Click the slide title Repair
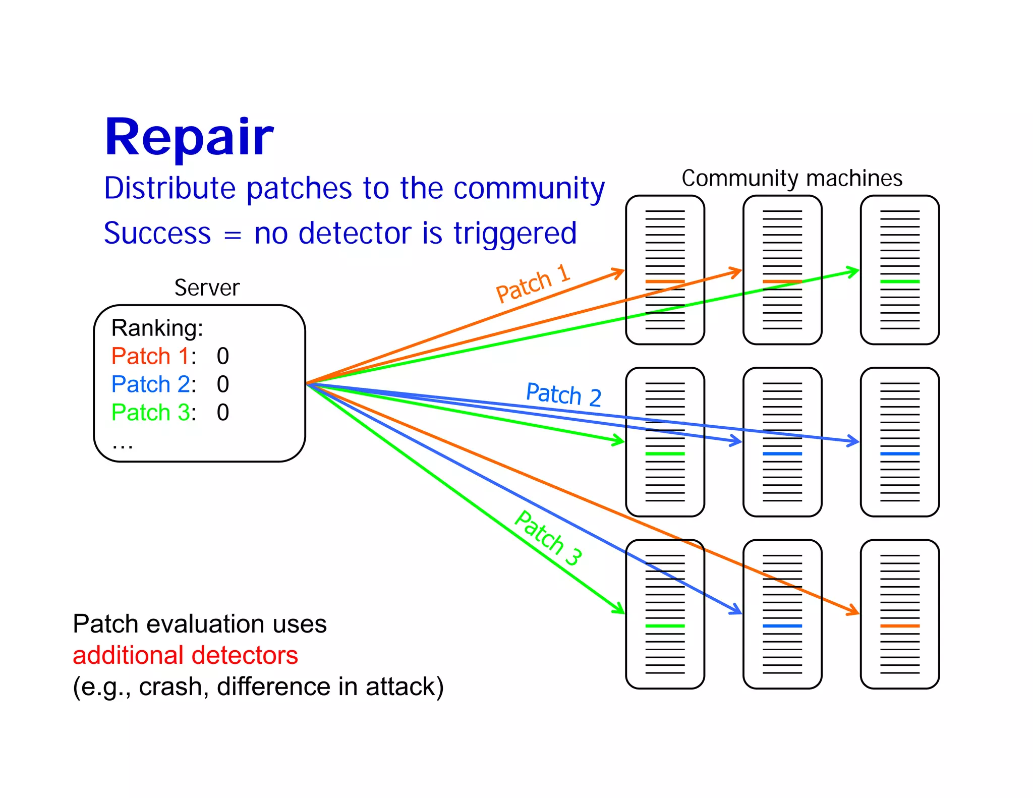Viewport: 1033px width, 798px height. click(x=189, y=137)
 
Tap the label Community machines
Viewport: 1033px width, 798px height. click(x=791, y=179)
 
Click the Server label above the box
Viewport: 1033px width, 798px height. click(x=207, y=288)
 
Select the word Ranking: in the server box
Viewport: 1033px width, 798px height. click(x=157, y=328)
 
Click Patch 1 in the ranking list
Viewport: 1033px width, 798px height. click(x=150, y=356)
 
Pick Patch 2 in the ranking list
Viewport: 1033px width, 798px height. click(x=150, y=384)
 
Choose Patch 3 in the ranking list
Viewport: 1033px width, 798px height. click(x=150, y=413)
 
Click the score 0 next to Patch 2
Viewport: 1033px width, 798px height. click(x=223, y=384)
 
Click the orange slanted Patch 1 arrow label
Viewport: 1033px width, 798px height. click(x=533, y=283)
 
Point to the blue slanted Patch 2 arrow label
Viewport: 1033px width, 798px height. click(x=563, y=394)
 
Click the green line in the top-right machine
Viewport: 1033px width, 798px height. click(x=899, y=281)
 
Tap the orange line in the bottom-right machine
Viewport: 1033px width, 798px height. click(x=899, y=626)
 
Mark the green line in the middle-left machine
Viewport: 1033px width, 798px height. click(x=665, y=454)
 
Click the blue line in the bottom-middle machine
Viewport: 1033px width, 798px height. click(x=782, y=626)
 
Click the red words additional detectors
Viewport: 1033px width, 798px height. click(x=185, y=655)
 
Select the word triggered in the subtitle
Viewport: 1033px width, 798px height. click(x=514, y=234)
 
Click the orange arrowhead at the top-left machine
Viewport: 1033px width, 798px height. click(x=620, y=273)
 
